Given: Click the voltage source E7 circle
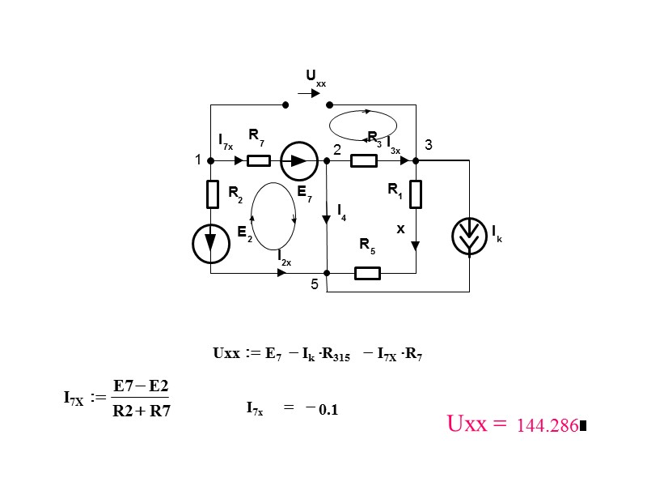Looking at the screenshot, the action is click(299, 160).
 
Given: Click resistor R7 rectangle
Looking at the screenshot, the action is click(258, 160).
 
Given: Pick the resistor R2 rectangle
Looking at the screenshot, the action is click(212, 194).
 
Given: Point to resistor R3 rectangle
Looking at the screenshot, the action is click(364, 160).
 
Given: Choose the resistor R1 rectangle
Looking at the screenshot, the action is click(415, 194).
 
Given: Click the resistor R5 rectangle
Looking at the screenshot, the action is click(367, 273).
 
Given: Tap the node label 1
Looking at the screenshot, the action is click(197, 160).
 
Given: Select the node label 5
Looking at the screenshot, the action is click(315, 284).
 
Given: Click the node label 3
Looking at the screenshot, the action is click(429, 145).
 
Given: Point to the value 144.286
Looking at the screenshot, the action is click(547, 425).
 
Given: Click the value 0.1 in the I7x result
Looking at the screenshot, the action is click(328, 410).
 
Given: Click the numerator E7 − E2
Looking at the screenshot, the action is click(141, 385).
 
